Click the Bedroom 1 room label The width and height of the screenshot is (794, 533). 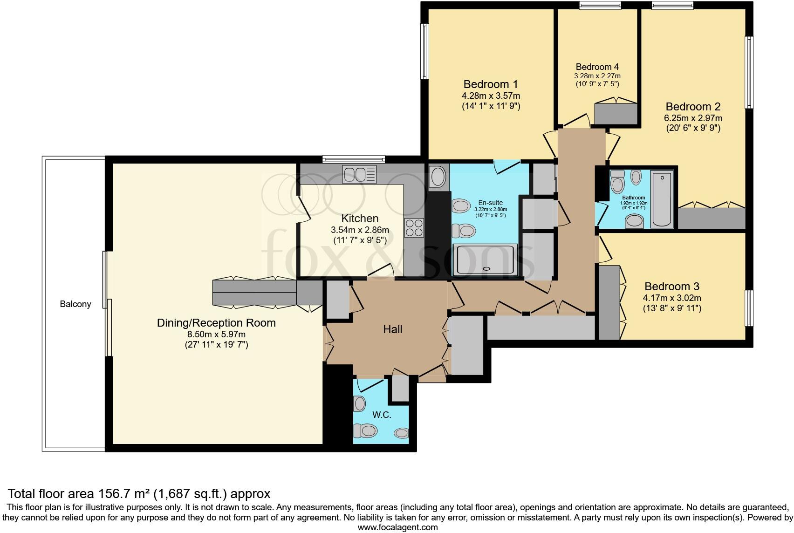[x=490, y=84]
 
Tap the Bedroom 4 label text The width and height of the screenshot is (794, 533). [x=597, y=67]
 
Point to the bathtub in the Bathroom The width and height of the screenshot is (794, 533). [x=662, y=199]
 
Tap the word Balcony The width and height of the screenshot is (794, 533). [x=75, y=304]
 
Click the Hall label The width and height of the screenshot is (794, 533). [x=392, y=329]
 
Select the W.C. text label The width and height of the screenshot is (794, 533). [x=381, y=415]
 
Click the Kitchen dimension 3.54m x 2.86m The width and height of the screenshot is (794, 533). [x=360, y=230]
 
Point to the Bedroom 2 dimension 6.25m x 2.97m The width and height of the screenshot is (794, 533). [x=693, y=118]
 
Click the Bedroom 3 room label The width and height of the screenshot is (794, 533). [x=671, y=287]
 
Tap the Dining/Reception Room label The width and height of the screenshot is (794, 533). [x=216, y=323]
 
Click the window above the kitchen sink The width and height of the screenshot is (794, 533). [x=354, y=159]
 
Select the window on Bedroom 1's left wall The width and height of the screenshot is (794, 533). [x=424, y=51]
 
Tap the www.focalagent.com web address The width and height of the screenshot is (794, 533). [x=397, y=528]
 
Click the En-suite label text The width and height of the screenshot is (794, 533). [x=490, y=203]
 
